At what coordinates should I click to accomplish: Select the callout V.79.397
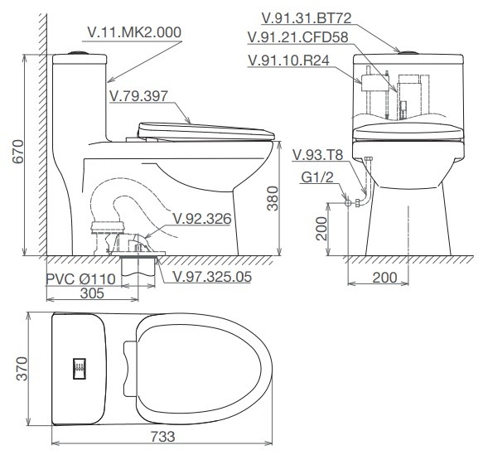click(138, 96)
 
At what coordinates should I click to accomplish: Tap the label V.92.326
click(201, 220)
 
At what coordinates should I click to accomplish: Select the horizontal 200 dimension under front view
click(384, 278)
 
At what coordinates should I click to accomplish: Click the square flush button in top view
click(80, 368)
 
